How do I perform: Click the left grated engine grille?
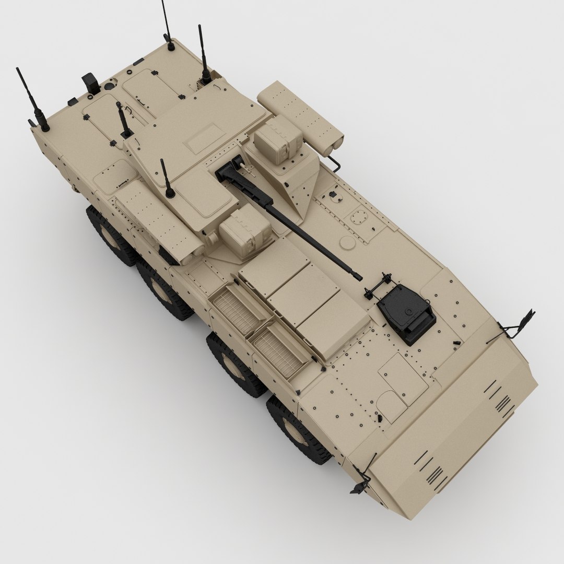coord(236,310)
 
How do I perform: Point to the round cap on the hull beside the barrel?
coord(346,242)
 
